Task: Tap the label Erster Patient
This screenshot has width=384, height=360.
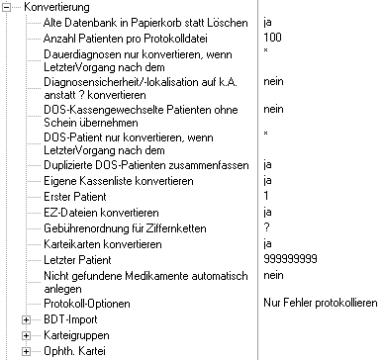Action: (x=80, y=197)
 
